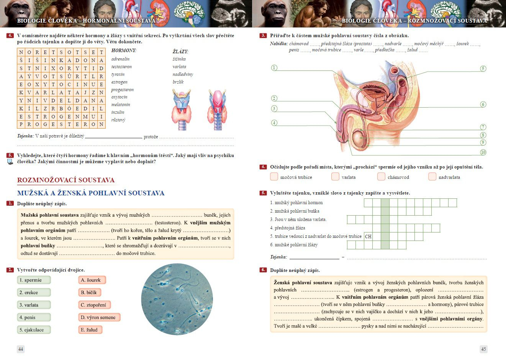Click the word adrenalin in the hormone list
(x=120, y=59)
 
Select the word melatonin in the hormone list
(x=121, y=105)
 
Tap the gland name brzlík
(x=178, y=82)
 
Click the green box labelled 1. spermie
(x=34, y=280)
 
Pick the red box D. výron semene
(x=99, y=317)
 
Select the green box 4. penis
(x=34, y=317)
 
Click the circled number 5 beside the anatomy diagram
(x=483, y=69)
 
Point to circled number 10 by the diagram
(x=483, y=152)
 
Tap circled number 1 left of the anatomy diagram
(x=274, y=68)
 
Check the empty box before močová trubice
(x=274, y=177)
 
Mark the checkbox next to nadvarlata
(x=432, y=177)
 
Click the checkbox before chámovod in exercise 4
(x=381, y=177)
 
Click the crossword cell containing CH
(x=368, y=236)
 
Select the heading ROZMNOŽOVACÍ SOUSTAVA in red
(x=66, y=180)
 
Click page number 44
(x=21, y=349)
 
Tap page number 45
(x=483, y=349)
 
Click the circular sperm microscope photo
(x=177, y=299)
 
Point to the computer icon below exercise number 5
(x=10, y=162)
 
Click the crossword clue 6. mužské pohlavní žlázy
(x=294, y=245)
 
